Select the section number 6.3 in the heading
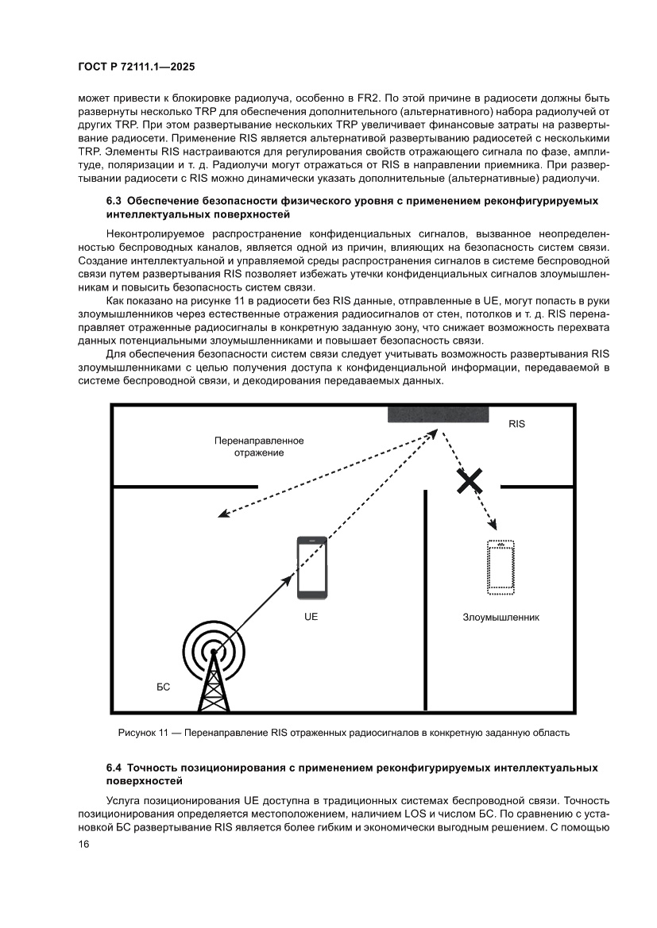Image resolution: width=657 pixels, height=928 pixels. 114,202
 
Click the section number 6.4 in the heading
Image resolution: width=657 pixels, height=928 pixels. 114,768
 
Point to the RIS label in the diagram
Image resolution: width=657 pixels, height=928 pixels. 516,424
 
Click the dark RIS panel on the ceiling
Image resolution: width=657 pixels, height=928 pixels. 438,414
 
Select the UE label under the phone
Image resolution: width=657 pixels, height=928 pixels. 311,617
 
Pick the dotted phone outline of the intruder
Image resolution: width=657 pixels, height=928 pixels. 500,567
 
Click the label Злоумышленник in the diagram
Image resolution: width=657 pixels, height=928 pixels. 501,617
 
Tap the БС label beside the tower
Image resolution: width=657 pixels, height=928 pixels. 163,683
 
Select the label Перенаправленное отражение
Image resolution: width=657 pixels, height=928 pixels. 259,446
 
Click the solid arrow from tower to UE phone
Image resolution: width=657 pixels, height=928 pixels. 254,610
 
